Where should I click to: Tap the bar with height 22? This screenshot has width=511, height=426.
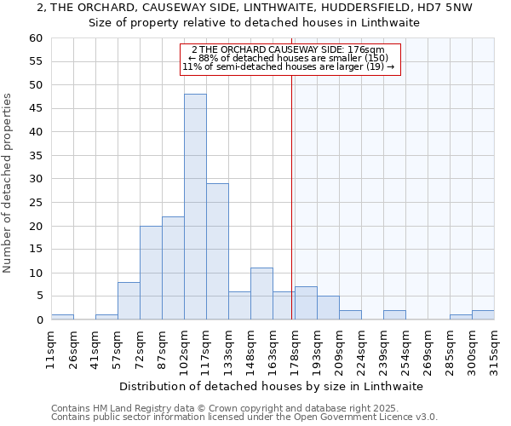[173, 268]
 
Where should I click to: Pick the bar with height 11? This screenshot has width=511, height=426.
[261, 294]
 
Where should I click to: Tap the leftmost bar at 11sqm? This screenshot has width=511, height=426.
[62, 317]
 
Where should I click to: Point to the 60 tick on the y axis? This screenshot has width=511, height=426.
[35, 38]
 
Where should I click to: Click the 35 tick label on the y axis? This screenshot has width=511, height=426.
[35, 156]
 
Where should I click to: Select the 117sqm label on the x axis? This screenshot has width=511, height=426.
[205, 348]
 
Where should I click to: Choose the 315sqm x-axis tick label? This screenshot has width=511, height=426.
[494, 348]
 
